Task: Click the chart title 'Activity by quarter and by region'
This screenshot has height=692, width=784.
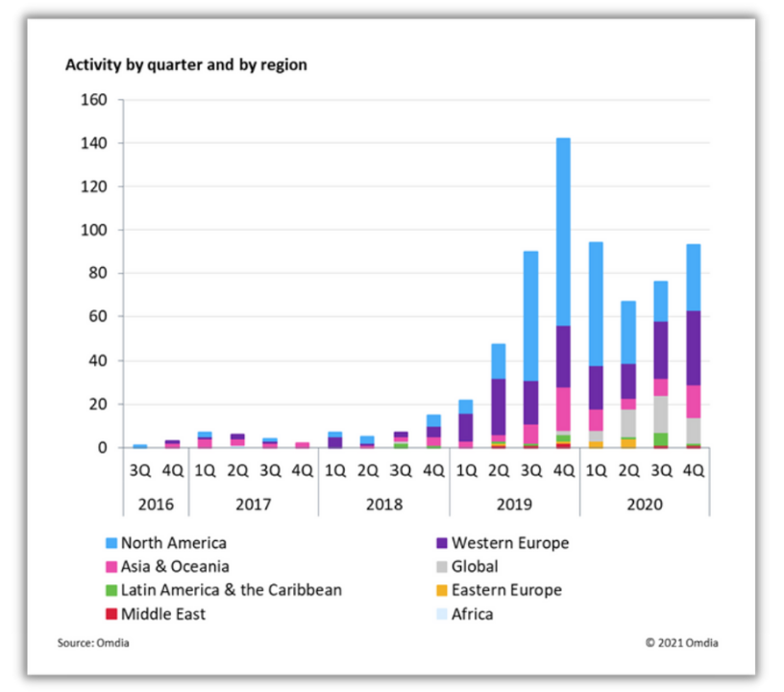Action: coord(185,65)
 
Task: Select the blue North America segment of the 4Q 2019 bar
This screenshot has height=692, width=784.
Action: coord(563,231)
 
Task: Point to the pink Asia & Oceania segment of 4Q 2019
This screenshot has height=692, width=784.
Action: coord(563,408)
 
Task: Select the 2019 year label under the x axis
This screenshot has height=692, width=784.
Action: coord(514,503)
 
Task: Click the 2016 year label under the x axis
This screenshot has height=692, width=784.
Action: coord(155,503)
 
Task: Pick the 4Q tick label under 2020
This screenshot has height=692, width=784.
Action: coord(694,471)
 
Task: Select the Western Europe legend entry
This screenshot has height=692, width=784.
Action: coord(509,543)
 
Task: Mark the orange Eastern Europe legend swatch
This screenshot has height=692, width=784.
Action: coord(441,590)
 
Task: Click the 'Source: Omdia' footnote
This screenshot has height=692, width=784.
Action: coord(92,643)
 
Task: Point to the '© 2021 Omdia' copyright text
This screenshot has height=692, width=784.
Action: coord(681,643)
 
